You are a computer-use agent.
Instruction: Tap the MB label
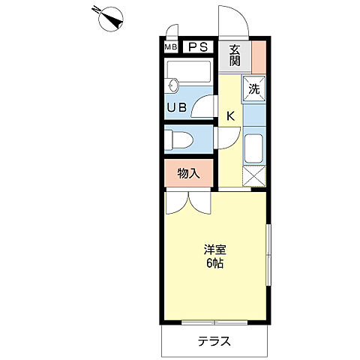click(x=170, y=47)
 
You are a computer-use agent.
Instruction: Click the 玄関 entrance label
click(x=234, y=56)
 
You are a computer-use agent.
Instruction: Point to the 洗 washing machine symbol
click(x=253, y=88)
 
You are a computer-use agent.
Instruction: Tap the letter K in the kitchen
click(x=231, y=115)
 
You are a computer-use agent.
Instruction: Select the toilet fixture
click(x=181, y=139)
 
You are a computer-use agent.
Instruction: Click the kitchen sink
click(x=254, y=147)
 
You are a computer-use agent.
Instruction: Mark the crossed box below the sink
click(x=254, y=177)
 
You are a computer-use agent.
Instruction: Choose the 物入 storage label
click(x=188, y=174)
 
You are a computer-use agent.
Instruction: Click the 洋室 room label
click(x=214, y=250)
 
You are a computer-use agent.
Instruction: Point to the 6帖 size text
click(x=214, y=264)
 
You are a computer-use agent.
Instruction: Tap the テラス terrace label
click(x=214, y=342)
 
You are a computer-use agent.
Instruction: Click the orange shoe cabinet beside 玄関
click(x=259, y=56)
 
